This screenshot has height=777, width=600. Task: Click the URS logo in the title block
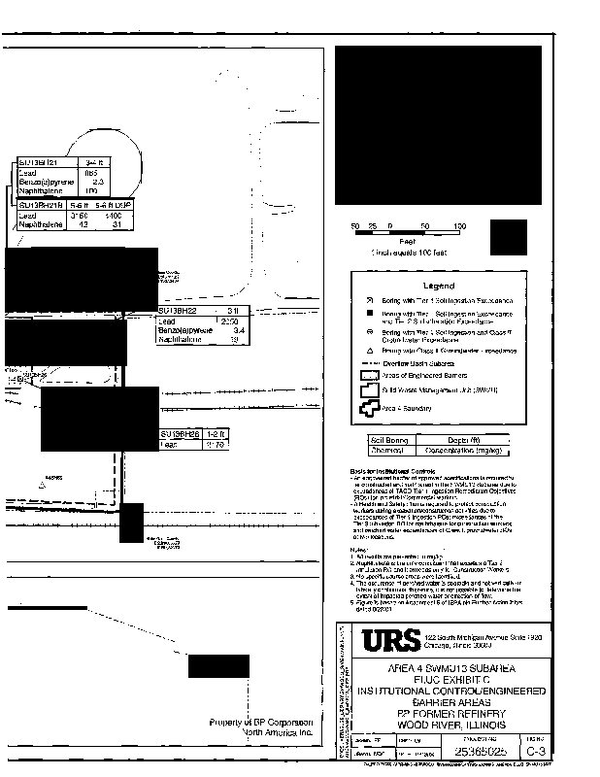[392, 642]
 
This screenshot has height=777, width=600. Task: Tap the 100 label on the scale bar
[459, 226]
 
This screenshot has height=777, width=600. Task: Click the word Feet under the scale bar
[407, 240]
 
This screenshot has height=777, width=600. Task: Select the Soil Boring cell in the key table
[388, 440]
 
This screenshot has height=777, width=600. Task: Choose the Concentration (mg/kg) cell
[464, 450]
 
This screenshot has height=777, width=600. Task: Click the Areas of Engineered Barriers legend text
[430, 374]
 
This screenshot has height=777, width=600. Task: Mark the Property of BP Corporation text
[262, 723]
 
